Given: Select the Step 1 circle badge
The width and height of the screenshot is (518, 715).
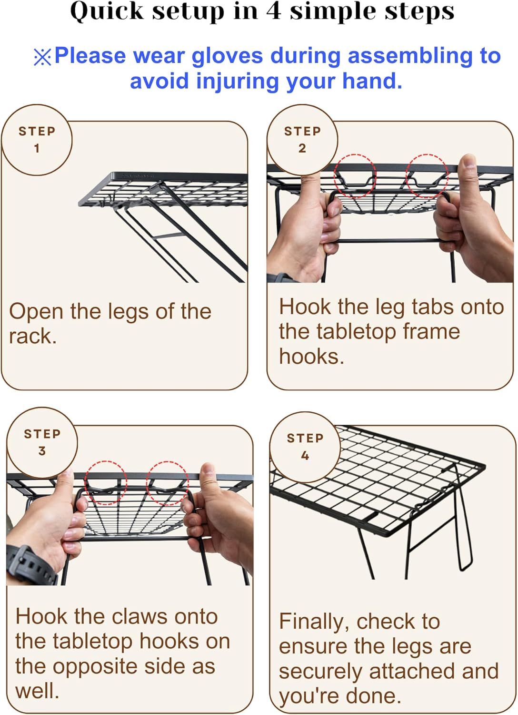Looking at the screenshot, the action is (x=37, y=140).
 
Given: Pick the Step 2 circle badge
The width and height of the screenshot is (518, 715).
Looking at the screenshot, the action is (x=302, y=140).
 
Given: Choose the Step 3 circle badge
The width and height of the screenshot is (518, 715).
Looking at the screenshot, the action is (x=42, y=442).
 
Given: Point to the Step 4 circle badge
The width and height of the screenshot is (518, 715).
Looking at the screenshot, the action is (x=305, y=447).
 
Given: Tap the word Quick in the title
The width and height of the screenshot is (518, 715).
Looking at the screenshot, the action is (x=107, y=11).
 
